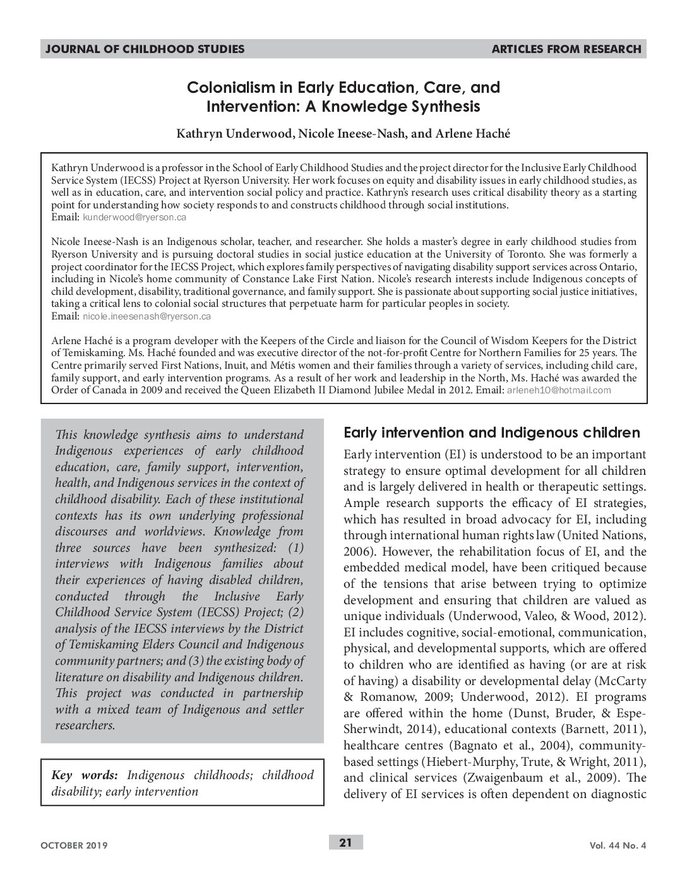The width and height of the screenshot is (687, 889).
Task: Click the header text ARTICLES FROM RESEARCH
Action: click(566, 49)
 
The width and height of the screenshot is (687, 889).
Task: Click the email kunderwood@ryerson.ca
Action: click(134, 217)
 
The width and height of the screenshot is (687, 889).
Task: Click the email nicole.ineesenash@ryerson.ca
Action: click(146, 316)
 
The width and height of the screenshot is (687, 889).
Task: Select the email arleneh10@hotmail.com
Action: click(559, 390)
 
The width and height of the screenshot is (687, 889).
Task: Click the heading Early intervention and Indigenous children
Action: click(491, 433)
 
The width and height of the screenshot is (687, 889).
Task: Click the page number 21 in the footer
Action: click(345, 842)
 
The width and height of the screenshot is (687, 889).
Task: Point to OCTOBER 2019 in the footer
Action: click(75, 845)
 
